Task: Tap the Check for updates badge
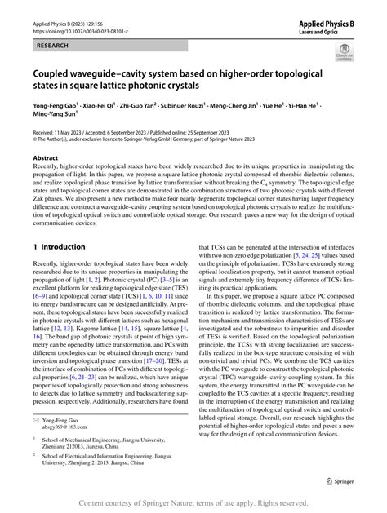345,54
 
